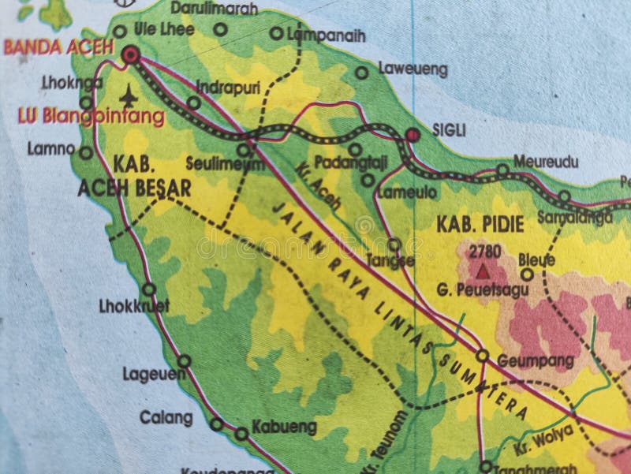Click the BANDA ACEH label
(x=58, y=47)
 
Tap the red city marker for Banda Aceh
(x=130, y=54)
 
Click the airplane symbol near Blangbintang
(x=128, y=95)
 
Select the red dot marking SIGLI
(x=413, y=136)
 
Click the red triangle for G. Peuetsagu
(x=482, y=271)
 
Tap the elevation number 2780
(x=484, y=252)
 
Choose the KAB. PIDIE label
(x=480, y=225)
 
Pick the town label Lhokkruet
(x=135, y=306)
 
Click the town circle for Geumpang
(x=482, y=356)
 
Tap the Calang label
(x=166, y=417)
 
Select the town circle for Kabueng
(x=241, y=433)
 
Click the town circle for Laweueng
(x=361, y=73)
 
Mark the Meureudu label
(x=546, y=162)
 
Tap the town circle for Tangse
(x=394, y=244)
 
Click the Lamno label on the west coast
(x=51, y=147)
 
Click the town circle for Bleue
(x=527, y=274)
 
